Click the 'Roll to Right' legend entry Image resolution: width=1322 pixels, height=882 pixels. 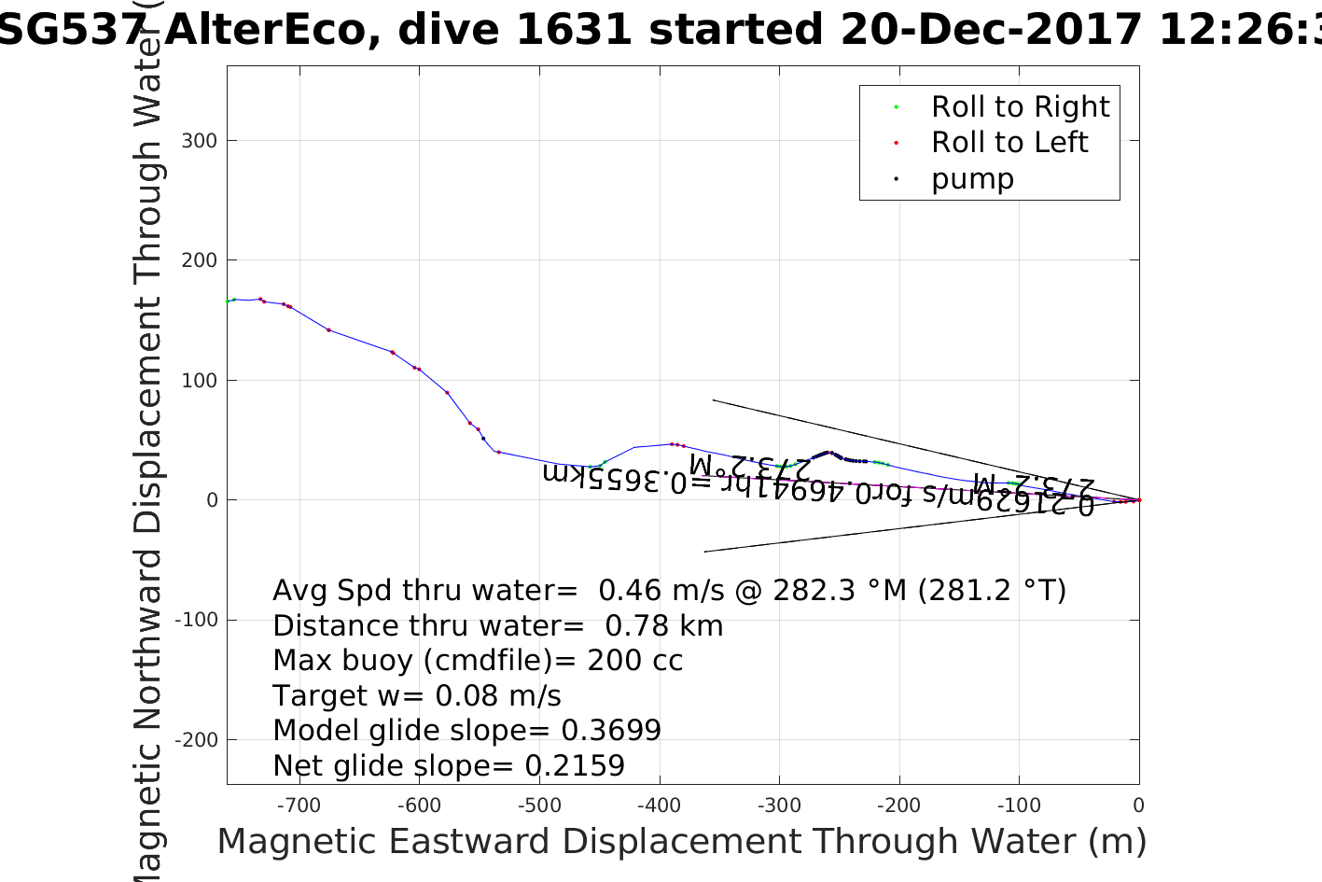(1020, 107)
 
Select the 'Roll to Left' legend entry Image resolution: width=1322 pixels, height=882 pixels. (1009, 143)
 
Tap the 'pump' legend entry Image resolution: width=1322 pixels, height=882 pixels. (972, 178)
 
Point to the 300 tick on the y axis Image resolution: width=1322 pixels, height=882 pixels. (199, 141)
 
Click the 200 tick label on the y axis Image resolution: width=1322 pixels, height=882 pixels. (199, 260)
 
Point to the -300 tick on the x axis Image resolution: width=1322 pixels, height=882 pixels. (780, 805)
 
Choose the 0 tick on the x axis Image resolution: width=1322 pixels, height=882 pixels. (1138, 805)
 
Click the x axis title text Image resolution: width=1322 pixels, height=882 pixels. (681, 842)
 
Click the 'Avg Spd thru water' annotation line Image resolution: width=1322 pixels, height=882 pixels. (669, 591)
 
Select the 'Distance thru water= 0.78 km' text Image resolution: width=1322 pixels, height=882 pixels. (497, 626)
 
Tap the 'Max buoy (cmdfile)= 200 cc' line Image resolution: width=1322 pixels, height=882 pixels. (478, 661)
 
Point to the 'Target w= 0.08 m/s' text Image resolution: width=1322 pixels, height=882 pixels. (417, 696)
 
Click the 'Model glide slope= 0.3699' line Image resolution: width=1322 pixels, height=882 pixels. (466, 731)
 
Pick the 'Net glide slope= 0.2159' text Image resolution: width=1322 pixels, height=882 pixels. (449, 766)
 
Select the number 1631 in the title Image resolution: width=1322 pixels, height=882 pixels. (574, 30)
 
